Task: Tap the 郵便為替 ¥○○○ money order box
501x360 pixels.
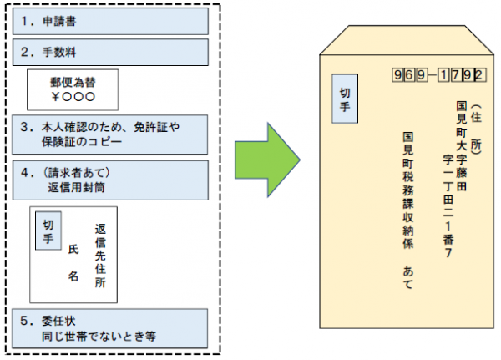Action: tap(72, 89)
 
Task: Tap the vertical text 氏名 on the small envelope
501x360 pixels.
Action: tap(73, 266)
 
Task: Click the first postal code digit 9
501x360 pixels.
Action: tap(397, 75)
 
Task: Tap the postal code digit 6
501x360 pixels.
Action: tap(409, 75)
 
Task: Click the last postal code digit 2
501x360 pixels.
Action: tap(477, 75)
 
